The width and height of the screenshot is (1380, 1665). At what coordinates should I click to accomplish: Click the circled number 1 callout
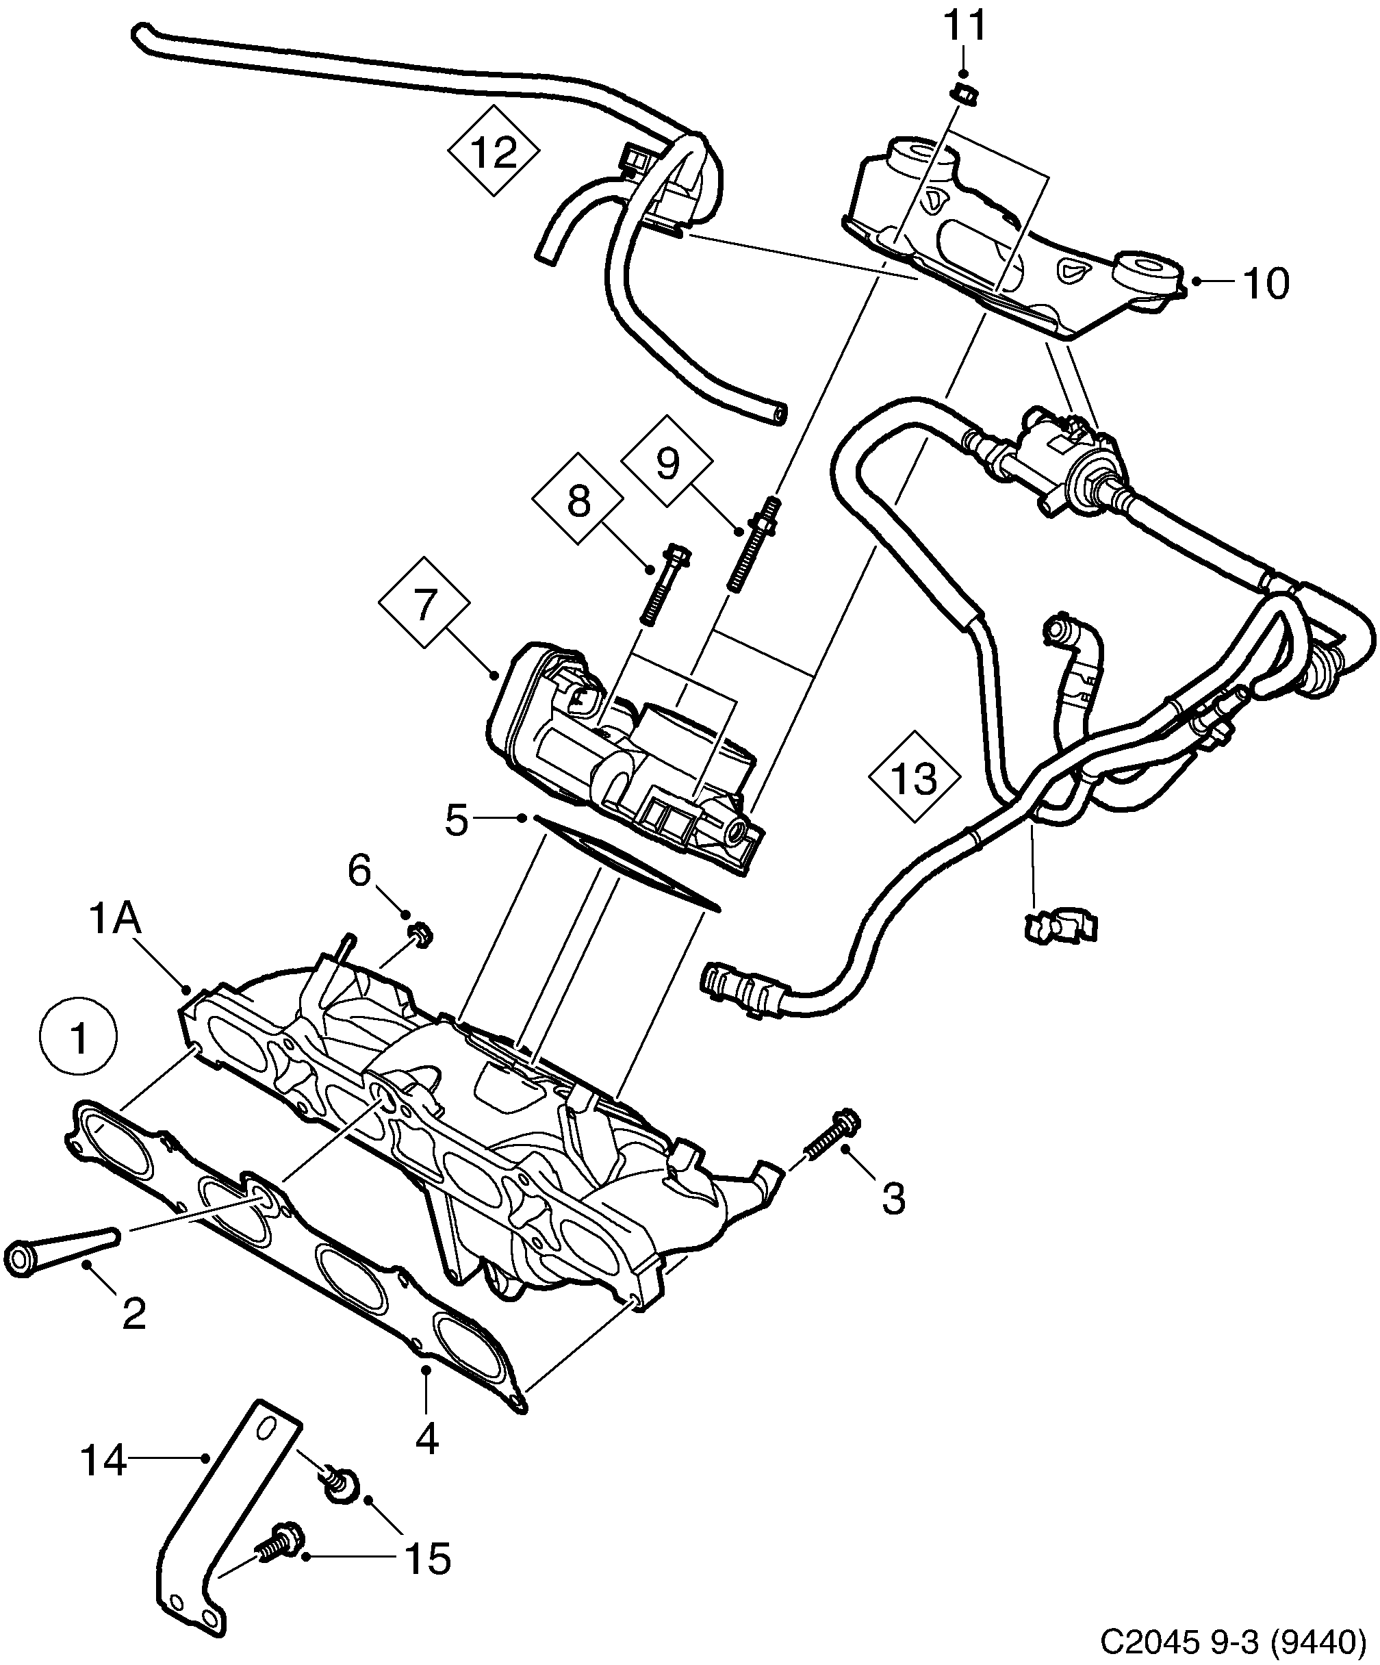tap(79, 1039)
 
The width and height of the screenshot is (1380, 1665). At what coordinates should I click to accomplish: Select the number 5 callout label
tap(457, 822)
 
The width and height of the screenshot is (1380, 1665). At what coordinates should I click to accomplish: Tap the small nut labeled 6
tap(420, 936)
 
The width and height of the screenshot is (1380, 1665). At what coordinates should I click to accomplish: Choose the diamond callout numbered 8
tap(578, 500)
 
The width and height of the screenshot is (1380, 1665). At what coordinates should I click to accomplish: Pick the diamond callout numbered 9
tap(668, 462)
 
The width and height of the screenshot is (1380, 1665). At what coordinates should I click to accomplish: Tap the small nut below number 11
tap(964, 95)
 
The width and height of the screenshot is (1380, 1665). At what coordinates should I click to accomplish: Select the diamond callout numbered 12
tap(493, 150)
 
